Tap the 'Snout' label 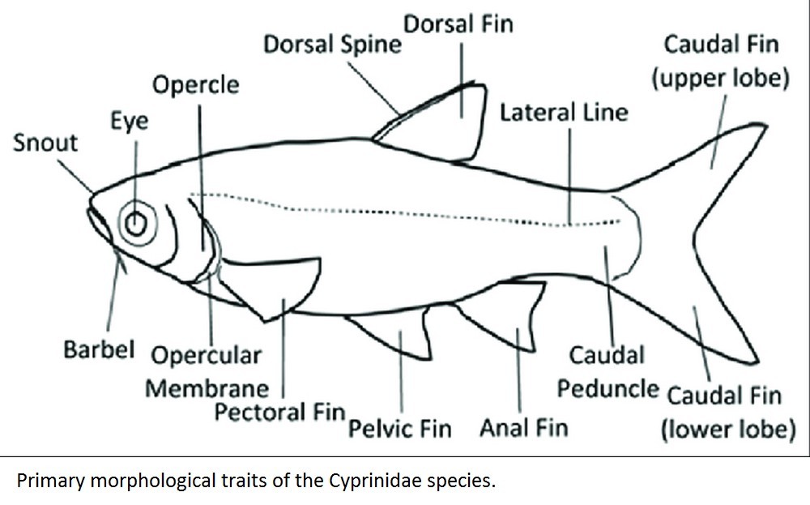[x=45, y=143]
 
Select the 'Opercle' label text [x=196, y=84]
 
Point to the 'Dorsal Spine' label [x=332, y=44]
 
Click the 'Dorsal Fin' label [x=458, y=24]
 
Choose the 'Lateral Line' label [x=564, y=112]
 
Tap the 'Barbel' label [x=98, y=350]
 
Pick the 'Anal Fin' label [x=524, y=426]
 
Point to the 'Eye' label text [x=130, y=122]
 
